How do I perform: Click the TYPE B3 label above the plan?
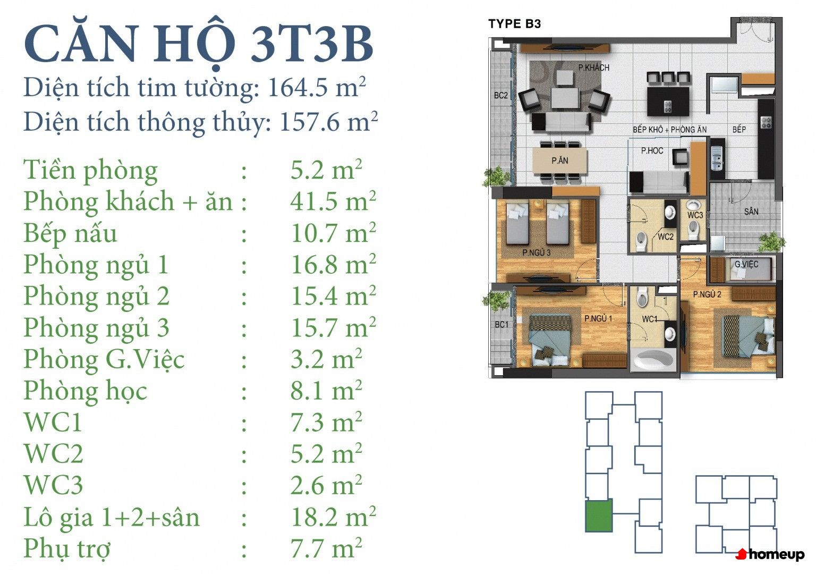click(x=514, y=24)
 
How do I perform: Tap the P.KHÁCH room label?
click(x=593, y=67)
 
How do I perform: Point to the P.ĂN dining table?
click(x=560, y=161)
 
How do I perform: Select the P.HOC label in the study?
click(x=652, y=150)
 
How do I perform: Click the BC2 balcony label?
click(x=500, y=96)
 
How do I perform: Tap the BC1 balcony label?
click(x=501, y=324)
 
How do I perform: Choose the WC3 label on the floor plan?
click(x=695, y=215)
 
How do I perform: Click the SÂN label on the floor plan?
click(x=751, y=212)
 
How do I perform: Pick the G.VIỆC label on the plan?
click(x=746, y=264)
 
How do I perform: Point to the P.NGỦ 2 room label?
click(x=707, y=294)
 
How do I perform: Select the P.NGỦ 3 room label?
click(x=536, y=252)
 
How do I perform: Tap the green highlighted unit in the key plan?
click(x=598, y=516)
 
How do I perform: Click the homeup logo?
click(x=770, y=554)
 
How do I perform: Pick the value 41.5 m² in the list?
click(x=333, y=201)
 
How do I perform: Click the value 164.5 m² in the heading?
click(x=317, y=88)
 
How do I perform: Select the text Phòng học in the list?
click(x=85, y=392)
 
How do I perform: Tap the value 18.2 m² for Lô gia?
click(x=333, y=517)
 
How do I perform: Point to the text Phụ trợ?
click(x=66, y=549)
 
